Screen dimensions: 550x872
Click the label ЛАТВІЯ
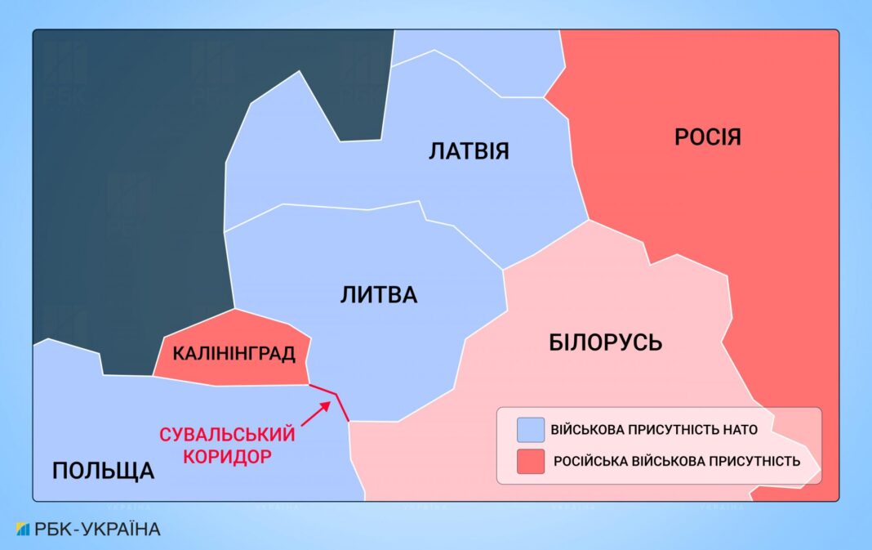click(469, 151)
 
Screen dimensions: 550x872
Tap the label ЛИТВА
click(378, 295)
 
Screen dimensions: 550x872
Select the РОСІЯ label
click(707, 136)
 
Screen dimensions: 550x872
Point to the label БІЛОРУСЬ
click(605, 342)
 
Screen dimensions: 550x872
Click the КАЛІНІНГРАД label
click(234, 354)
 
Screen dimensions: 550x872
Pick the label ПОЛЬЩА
click(103, 470)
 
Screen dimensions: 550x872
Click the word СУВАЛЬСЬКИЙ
click(226, 435)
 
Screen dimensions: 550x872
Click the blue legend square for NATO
click(531, 429)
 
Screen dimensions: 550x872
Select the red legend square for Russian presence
click(531, 462)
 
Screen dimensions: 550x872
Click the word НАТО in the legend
click(740, 429)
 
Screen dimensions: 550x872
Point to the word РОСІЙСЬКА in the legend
click(591, 462)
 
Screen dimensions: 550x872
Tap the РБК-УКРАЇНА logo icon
click(22, 529)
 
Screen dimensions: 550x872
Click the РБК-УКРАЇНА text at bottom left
click(97, 529)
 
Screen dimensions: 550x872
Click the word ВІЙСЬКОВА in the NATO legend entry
click(590, 429)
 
